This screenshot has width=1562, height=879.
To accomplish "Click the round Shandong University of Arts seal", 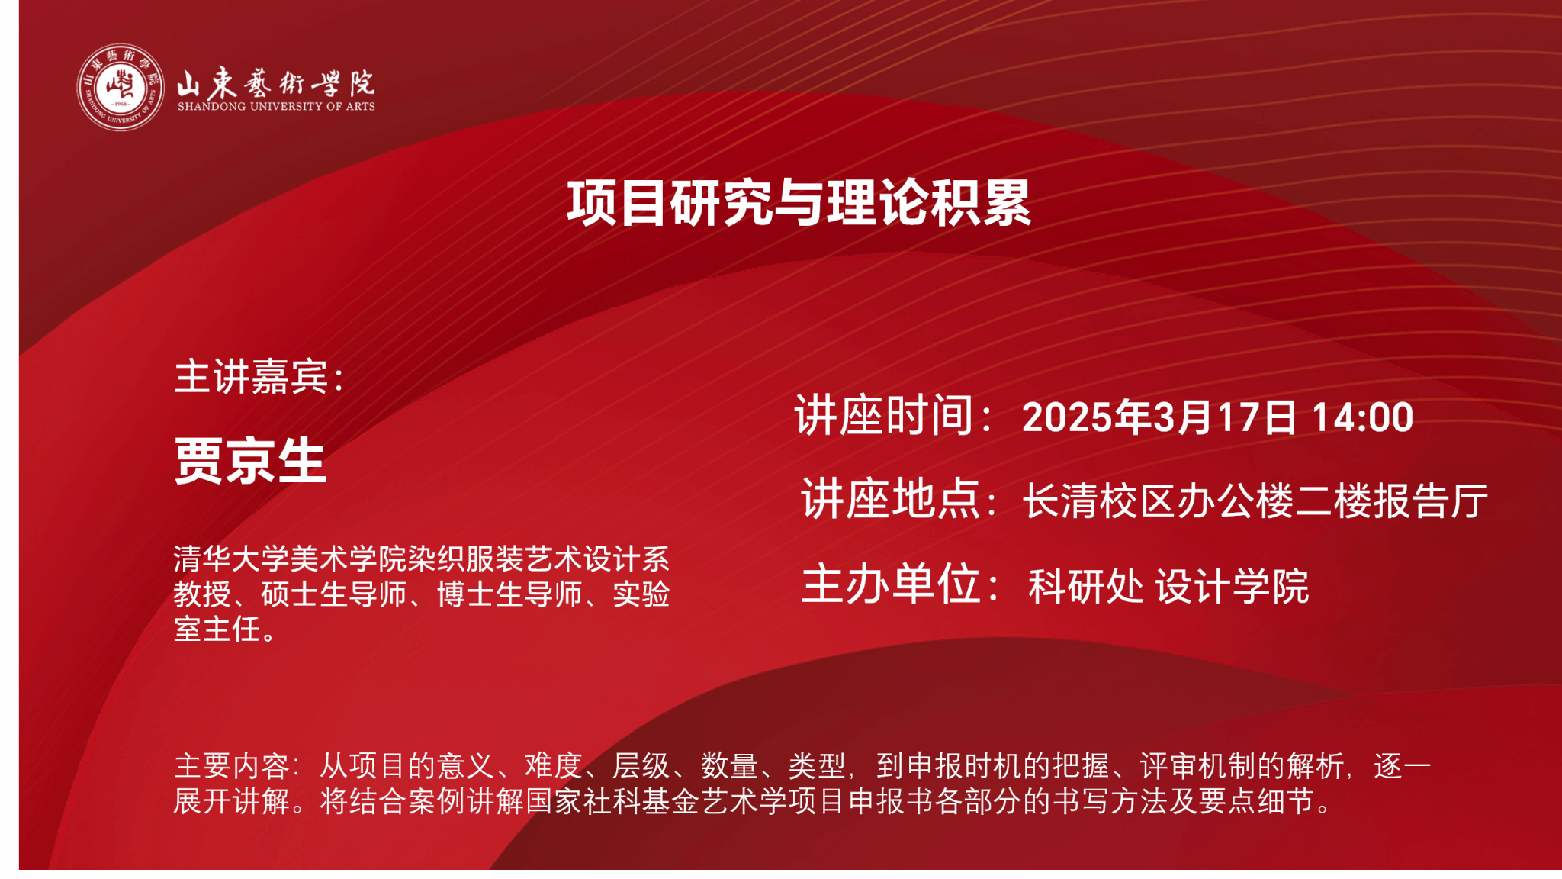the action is [x=121, y=87].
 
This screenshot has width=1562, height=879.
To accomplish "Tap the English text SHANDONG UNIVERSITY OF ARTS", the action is [x=276, y=107].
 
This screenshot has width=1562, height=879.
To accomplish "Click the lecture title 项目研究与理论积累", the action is [x=799, y=203].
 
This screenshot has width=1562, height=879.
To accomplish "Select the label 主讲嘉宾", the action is [x=252, y=376].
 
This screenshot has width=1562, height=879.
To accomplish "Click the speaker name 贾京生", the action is [x=250, y=461].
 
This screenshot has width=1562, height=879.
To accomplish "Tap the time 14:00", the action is [x=1362, y=417].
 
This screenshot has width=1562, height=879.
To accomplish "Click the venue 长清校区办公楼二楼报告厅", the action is [x=1255, y=501].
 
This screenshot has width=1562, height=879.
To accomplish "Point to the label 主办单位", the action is [x=890, y=584].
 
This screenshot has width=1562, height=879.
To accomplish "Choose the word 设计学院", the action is [x=1232, y=586].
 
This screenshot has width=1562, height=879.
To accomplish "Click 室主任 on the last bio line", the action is [x=217, y=629].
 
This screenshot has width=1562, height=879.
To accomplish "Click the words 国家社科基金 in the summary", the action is [x=612, y=801].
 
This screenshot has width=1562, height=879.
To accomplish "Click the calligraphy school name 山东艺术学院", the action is [x=276, y=82].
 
